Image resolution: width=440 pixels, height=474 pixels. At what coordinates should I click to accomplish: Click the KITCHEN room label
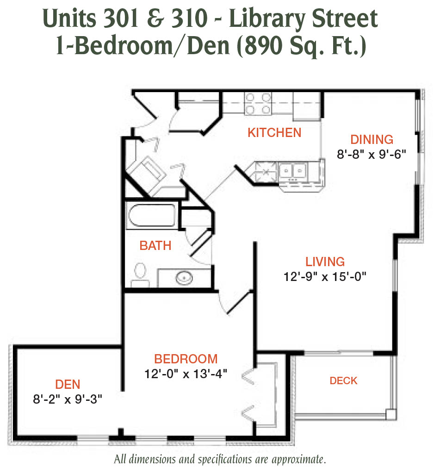point(274,133)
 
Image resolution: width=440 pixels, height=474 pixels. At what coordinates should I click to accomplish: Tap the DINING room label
point(372,140)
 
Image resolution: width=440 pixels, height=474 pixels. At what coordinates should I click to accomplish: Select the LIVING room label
point(325,262)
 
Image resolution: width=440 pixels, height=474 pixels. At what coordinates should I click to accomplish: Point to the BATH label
point(155,245)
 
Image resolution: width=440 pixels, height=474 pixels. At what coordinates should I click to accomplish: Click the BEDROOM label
point(186,359)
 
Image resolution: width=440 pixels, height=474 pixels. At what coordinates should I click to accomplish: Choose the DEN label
point(68,385)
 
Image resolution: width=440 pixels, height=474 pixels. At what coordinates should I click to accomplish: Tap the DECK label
point(344,380)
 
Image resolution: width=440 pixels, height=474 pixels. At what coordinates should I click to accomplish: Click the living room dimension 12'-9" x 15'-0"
point(325,277)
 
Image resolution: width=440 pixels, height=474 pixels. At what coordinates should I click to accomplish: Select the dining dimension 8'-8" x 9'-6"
point(372,155)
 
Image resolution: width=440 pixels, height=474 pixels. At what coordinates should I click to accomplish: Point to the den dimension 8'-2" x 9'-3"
point(68,399)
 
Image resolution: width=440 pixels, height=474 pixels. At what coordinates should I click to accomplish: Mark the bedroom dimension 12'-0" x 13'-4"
point(186,374)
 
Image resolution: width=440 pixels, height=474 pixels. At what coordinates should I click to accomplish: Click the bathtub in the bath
point(152,216)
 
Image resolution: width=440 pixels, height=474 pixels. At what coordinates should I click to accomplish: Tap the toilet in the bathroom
point(140,275)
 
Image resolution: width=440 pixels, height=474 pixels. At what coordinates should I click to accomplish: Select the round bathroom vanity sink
point(184,278)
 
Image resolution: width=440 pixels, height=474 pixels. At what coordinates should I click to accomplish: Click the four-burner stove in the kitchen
point(258,103)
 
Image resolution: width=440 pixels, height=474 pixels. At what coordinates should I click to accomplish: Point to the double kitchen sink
point(293,171)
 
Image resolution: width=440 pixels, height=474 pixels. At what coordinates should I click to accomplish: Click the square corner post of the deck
point(391,414)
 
